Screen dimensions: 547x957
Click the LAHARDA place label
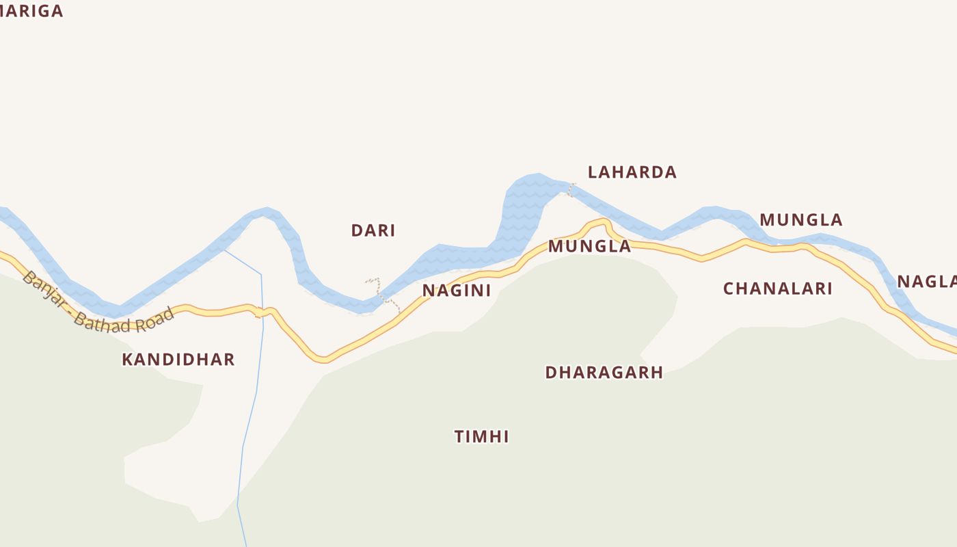tap(632, 172)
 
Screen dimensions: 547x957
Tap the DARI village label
tap(373, 231)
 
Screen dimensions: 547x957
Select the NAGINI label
tap(457, 291)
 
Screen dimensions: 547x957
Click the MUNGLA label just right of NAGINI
tap(589, 247)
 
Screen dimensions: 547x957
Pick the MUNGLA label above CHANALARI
tap(801, 220)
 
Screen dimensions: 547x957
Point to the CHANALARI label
tap(778, 289)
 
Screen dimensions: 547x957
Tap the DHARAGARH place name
tap(604, 373)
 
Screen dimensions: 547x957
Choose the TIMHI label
tap(482, 437)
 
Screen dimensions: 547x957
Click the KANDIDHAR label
tap(178, 360)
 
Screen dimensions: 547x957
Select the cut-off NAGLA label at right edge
tap(928, 282)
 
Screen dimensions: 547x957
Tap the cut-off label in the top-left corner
tap(31, 11)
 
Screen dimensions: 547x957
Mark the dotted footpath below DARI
tap(384, 295)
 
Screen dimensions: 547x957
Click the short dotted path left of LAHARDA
tap(571, 189)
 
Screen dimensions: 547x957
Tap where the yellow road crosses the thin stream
tap(262, 312)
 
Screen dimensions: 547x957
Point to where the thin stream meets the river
tap(224, 250)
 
